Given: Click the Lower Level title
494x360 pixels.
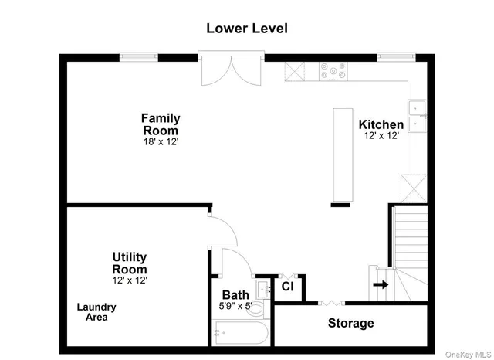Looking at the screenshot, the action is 247,29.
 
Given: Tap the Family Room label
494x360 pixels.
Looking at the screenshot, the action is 161,124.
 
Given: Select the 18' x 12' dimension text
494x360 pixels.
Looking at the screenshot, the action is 161,142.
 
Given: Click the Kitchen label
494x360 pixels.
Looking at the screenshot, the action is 381,124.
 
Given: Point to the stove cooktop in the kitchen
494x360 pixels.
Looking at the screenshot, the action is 333,71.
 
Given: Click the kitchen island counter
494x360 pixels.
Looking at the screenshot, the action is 343,155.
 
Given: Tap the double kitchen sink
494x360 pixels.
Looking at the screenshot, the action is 418,116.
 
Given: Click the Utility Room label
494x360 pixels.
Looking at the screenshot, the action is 130,263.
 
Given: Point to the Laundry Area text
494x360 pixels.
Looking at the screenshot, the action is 96,312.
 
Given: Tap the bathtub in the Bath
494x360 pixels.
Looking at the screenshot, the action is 241,333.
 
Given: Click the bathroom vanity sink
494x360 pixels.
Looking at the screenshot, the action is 263,289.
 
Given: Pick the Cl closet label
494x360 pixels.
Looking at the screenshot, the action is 287,287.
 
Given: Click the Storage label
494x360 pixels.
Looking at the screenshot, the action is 351,323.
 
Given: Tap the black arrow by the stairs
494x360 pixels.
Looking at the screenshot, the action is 381,284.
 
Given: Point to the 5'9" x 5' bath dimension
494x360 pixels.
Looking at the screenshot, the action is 235,306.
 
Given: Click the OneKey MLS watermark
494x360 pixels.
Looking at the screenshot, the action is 469,355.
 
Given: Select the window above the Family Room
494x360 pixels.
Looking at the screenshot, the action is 139,57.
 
